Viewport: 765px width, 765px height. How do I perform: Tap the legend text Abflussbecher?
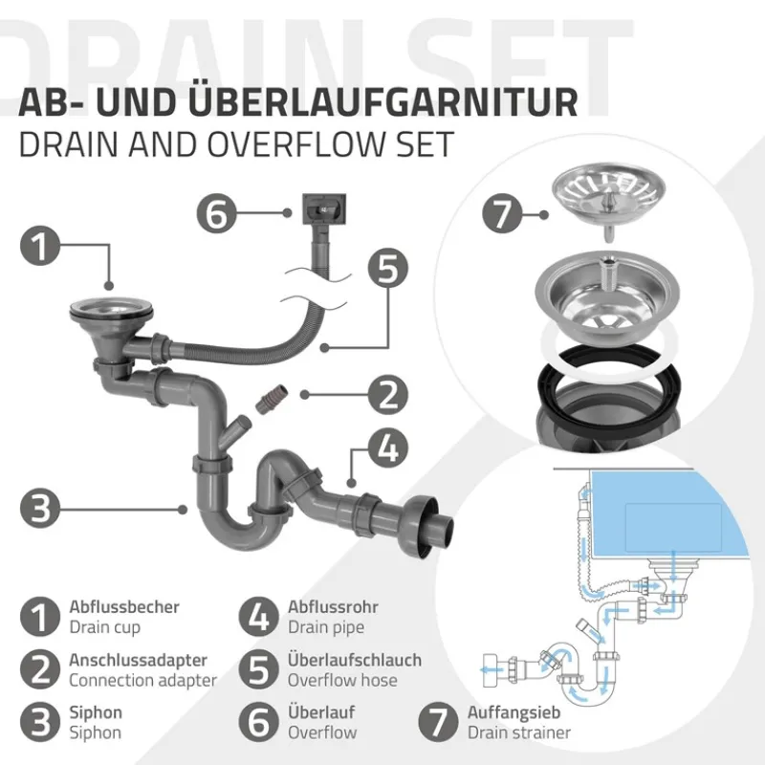(123, 606)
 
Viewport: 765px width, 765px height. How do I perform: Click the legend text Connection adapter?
(142, 681)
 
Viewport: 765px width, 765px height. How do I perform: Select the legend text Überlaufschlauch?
(354, 660)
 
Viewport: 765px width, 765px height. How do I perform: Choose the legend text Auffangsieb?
(514, 712)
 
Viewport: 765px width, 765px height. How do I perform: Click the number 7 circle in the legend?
(440, 722)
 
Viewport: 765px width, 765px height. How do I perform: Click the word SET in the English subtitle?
(420, 144)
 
